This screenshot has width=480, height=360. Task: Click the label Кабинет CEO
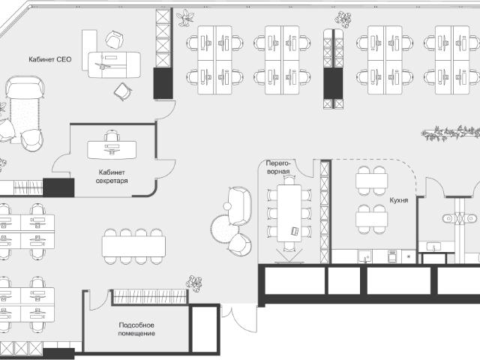(x=50, y=59)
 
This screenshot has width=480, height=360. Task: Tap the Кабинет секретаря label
(x=112, y=177)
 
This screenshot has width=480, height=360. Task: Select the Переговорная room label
(x=278, y=167)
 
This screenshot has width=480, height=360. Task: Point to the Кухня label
(x=398, y=200)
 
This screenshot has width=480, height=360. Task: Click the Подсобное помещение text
(x=136, y=329)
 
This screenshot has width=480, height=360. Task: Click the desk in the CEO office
(x=114, y=64)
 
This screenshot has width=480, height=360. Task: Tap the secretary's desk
(x=112, y=150)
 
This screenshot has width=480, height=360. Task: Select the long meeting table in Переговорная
(x=289, y=213)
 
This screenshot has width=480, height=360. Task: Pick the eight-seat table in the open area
(x=133, y=247)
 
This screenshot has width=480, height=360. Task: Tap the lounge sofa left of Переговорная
(x=240, y=205)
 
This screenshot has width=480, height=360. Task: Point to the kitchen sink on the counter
(x=365, y=256)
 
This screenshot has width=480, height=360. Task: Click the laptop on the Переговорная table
(x=295, y=231)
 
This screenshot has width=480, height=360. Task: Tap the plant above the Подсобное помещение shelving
(x=194, y=283)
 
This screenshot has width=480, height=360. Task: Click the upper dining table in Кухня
(x=372, y=181)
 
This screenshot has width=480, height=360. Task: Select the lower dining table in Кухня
(x=372, y=219)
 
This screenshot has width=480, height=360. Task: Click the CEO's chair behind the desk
(x=115, y=40)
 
